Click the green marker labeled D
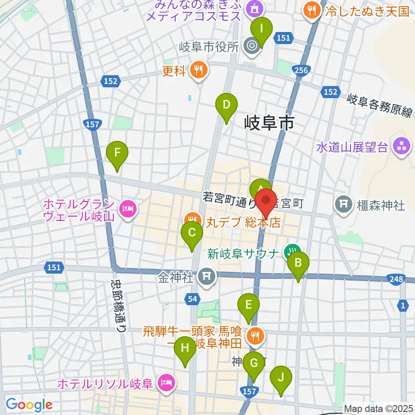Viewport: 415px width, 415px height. point(227,105)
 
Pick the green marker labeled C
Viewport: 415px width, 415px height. point(192,234)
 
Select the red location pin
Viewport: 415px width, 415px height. point(266,201)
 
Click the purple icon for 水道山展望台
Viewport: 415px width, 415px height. point(400,146)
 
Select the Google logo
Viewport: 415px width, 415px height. point(29,404)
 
